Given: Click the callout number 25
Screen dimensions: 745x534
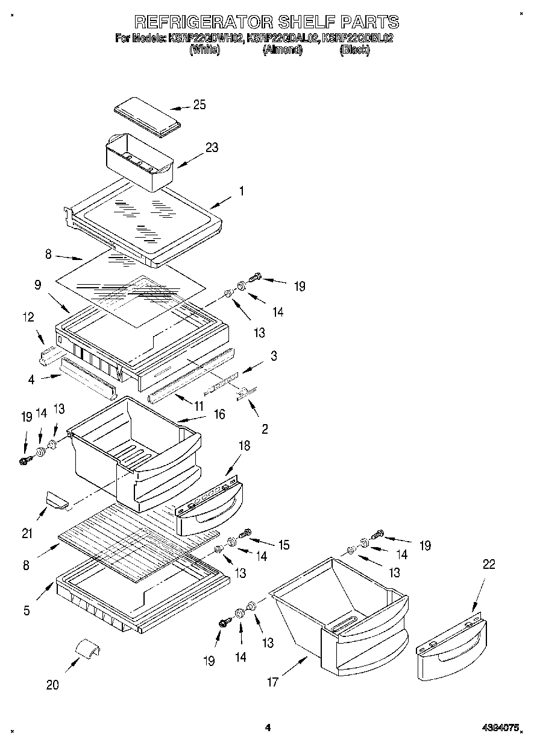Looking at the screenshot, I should pos(199,105).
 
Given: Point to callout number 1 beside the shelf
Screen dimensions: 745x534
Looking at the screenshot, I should pos(241,191).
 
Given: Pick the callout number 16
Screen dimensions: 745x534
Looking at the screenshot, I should pos(219,414).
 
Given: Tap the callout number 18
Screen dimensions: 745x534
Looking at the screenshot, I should pos(228,446).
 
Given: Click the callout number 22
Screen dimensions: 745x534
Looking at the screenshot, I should pos(488,564).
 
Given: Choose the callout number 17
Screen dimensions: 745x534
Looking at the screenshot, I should pos(273,682).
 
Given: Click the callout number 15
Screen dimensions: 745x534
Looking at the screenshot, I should pos(283,545).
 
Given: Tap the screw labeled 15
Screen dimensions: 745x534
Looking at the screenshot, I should pos(245,533).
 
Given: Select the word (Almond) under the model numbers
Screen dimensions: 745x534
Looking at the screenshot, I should pos(282,51).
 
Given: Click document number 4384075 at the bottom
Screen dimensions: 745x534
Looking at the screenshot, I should pos(500,728).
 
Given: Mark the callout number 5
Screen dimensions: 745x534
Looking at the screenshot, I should pos(27,610).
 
